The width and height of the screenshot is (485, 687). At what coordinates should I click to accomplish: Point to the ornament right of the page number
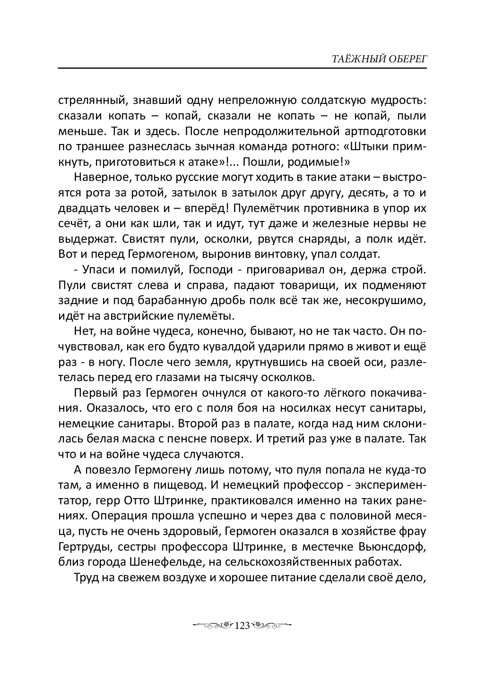pos(271,626)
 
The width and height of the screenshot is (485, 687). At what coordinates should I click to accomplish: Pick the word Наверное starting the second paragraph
pos(98,178)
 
